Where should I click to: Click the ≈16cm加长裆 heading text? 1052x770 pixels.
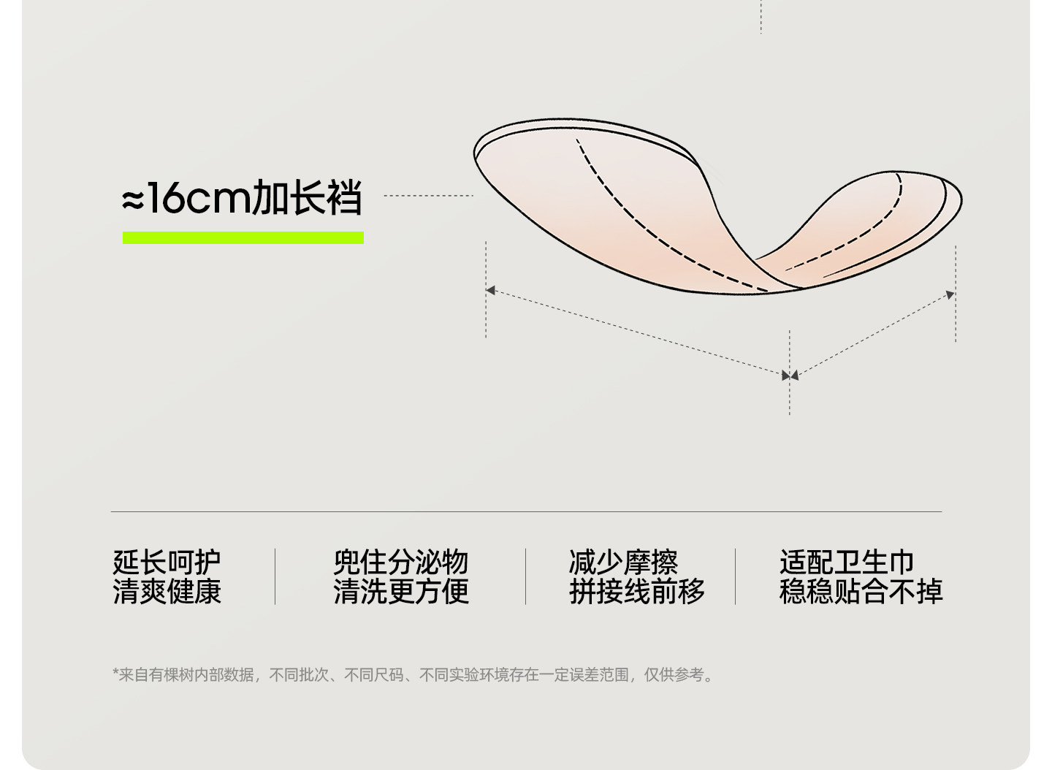pos(242,197)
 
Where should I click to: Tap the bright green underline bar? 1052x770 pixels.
pos(243,237)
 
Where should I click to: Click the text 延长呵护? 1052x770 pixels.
pos(167,563)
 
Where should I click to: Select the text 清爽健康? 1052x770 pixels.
pos(167,592)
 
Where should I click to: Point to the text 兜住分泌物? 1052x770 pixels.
pos(400,563)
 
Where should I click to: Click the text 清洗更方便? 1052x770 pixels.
pos(400,592)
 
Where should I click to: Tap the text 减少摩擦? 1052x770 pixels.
pos(623,563)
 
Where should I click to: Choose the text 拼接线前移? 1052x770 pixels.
pos(636,592)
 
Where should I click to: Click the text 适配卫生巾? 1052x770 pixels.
pos(846,563)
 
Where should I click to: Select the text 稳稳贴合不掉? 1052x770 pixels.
pos(861,592)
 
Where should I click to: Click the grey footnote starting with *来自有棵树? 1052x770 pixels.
pos(413,675)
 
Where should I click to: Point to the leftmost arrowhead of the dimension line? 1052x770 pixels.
pos(490,290)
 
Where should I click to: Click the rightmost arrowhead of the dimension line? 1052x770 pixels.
pos(950,294)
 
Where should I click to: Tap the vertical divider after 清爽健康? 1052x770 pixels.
pos(275,576)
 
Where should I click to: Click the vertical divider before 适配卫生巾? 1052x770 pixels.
pos(735,576)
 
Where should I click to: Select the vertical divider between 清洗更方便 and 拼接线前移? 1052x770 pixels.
pos(525,576)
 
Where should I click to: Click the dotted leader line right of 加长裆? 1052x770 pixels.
pos(428,196)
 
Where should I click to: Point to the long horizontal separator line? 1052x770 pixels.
pos(526,511)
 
